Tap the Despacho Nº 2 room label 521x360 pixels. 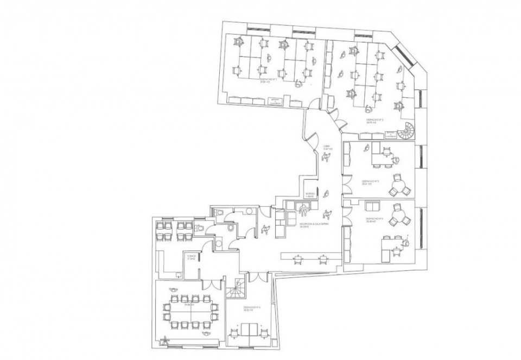[372, 121]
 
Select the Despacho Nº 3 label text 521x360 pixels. [370, 182]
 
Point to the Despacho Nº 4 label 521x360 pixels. [376, 220]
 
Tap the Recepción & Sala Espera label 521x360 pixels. [310, 225]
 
